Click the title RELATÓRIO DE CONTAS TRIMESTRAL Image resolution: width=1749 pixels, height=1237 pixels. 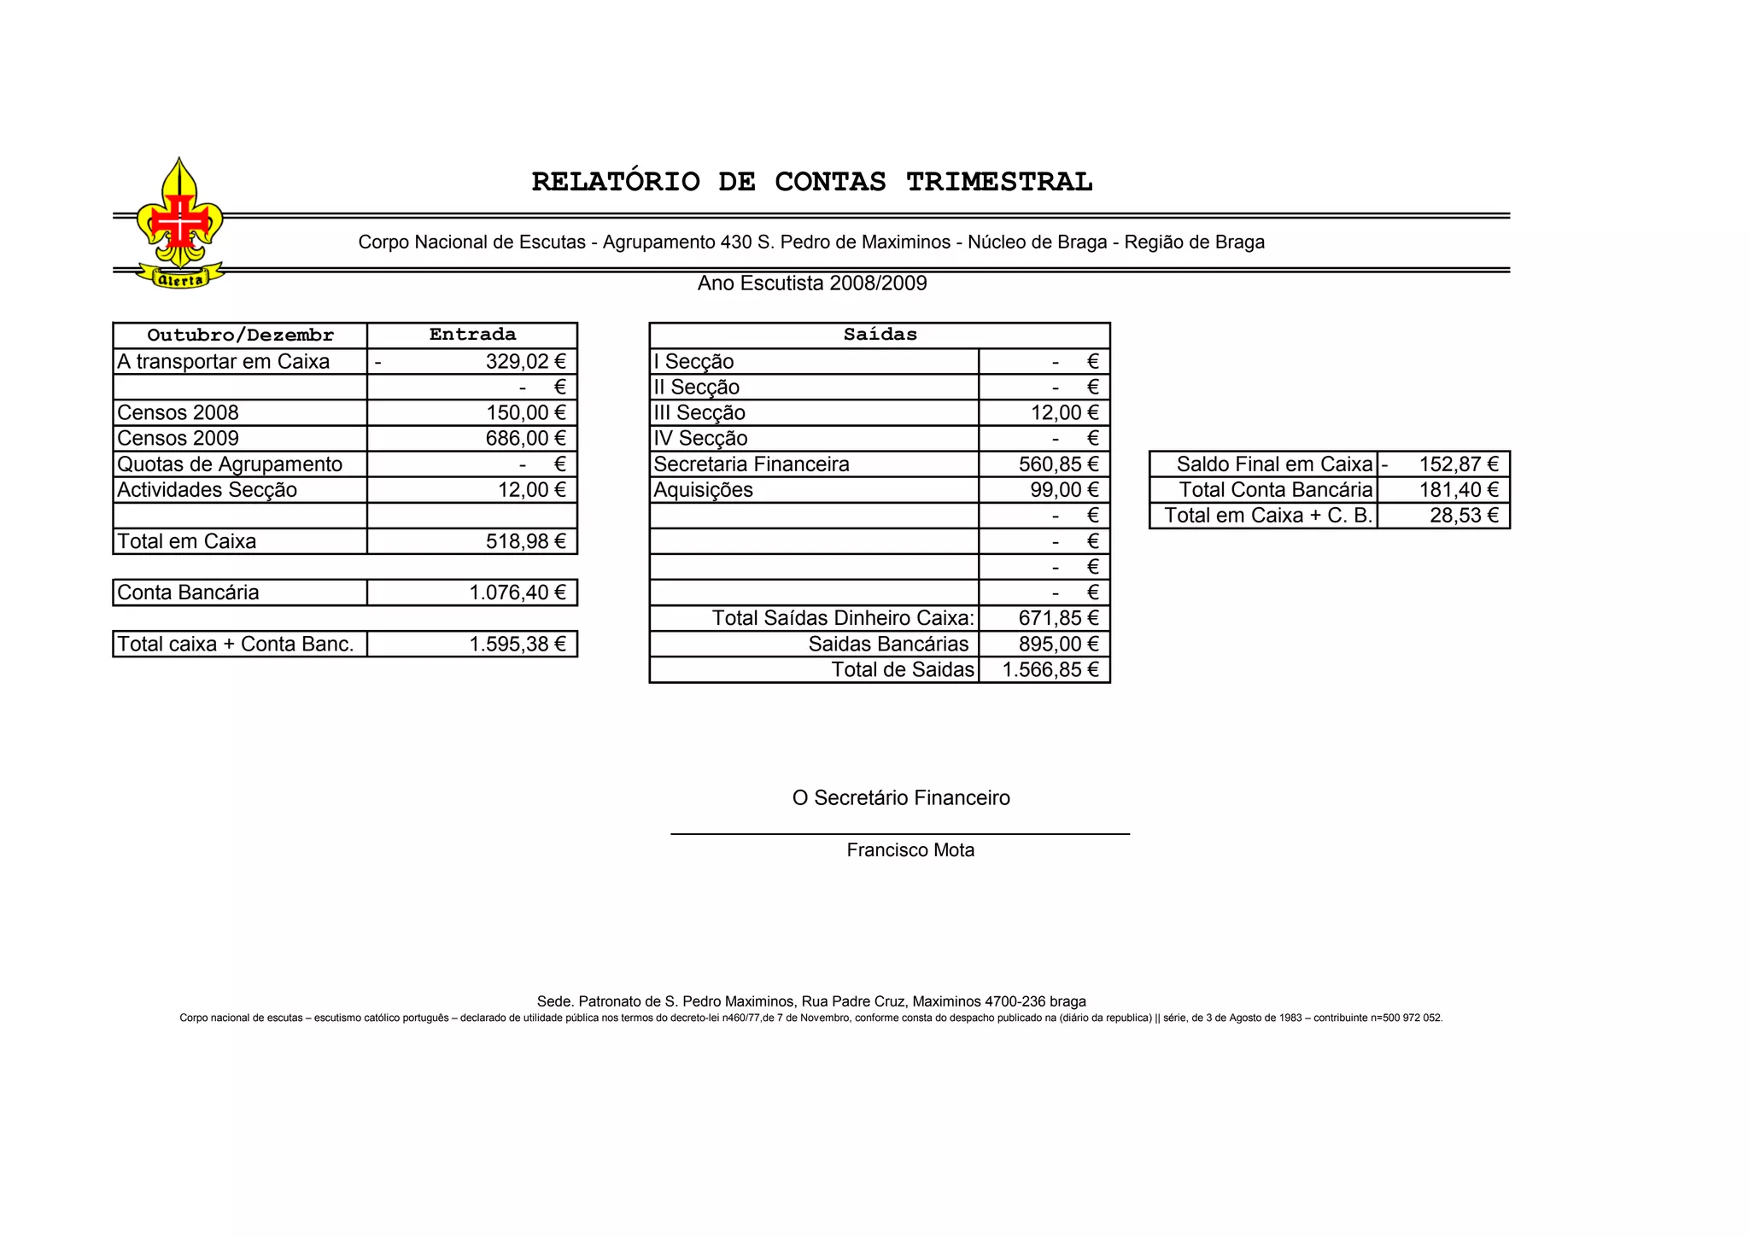click(x=811, y=182)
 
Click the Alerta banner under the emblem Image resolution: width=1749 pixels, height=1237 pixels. click(x=181, y=279)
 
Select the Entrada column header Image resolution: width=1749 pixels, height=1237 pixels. click(x=472, y=335)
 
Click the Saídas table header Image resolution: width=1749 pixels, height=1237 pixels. click(x=880, y=335)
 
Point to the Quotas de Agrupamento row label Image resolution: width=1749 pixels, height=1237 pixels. click(x=230, y=464)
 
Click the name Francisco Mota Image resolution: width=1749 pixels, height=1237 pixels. click(x=910, y=850)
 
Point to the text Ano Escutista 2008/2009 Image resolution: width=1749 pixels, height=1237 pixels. click(x=812, y=283)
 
